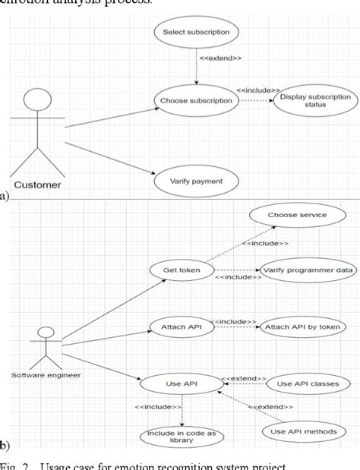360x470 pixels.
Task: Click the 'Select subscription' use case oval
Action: [x=196, y=33]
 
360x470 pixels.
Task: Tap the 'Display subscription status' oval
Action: [x=314, y=100]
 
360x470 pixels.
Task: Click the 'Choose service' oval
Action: [x=297, y=215]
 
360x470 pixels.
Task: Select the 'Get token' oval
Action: [x=182, y=269]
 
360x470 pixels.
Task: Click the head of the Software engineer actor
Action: [x=46, y=332]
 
